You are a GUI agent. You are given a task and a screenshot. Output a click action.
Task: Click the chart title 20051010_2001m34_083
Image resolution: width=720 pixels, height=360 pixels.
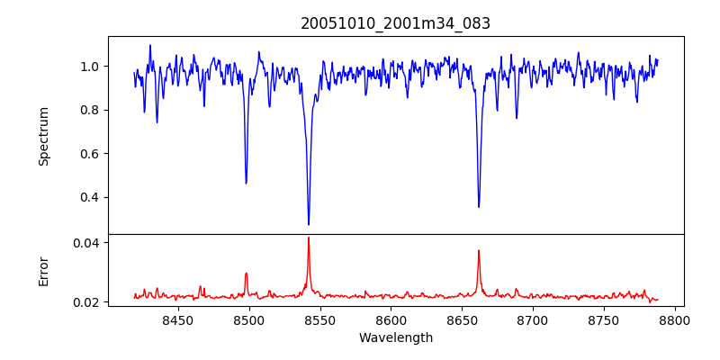(395, 23)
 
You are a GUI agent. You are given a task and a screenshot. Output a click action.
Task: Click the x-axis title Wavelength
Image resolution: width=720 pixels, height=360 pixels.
(395, 337)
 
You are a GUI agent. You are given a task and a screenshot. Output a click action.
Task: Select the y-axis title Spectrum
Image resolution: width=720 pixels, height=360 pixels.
(43, 136)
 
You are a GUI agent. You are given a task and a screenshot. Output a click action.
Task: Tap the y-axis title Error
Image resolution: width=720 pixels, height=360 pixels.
(43, 271)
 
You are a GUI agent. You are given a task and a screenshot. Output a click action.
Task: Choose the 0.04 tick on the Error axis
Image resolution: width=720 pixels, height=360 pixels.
(87, 243)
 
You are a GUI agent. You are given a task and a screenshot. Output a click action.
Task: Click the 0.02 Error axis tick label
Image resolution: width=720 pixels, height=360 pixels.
(87, 301)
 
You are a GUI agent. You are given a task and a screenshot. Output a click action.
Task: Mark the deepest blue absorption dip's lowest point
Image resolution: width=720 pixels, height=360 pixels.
(309, 225)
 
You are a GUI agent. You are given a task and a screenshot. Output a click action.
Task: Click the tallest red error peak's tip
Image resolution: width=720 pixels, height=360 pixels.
(309, 238)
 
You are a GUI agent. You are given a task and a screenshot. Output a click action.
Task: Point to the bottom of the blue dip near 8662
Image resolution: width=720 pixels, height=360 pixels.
(479, 207)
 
